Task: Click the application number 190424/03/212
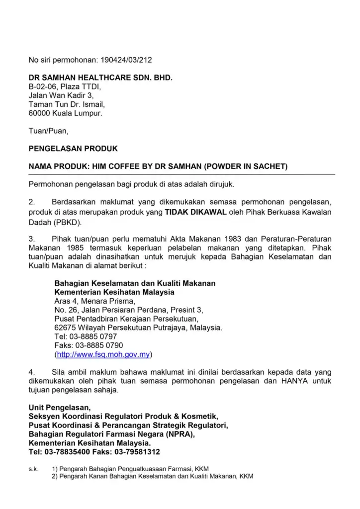126,60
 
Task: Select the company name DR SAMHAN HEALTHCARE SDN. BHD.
100,78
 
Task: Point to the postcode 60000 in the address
40,113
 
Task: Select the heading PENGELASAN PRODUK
73,149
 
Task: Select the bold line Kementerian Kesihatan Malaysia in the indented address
114,292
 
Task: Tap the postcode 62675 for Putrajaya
65,328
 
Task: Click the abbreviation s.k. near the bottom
33,469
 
